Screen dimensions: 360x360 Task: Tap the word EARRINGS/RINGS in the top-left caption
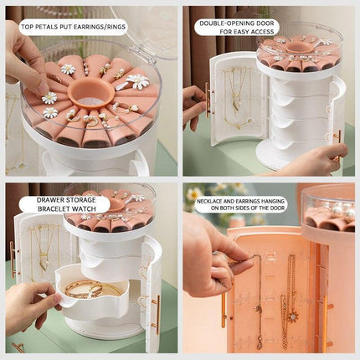click(101, 27)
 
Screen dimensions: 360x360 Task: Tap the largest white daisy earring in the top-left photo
click(139, 81)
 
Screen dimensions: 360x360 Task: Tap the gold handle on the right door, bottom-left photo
click(155, 310)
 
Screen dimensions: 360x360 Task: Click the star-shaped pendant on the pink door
click(294, 316)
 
